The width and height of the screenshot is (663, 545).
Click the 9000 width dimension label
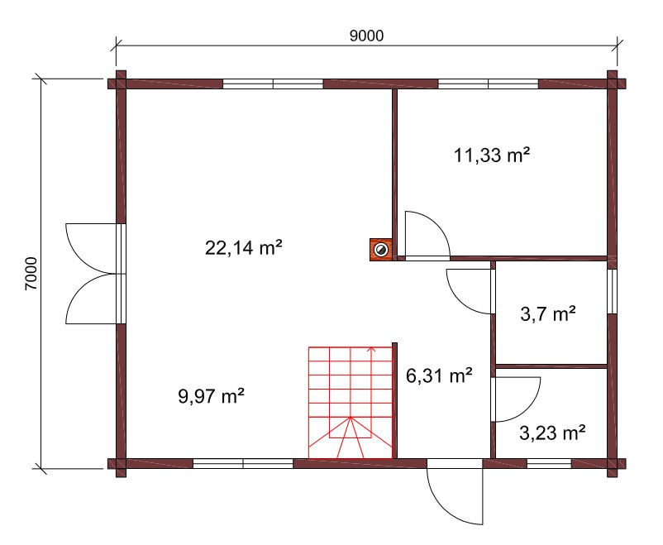(x=366, y=36)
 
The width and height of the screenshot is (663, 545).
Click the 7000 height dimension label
(x=31, y=274)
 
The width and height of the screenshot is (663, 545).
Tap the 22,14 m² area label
(x=244, y=247)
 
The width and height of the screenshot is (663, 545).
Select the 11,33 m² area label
(x=492, y=155)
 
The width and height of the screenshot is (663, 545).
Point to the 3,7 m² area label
(x=548, y=314)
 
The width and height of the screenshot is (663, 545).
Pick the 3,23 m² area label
(x=552, y=433)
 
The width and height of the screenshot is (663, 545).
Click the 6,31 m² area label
(x=439, y=375)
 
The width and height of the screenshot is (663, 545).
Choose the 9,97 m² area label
(x=211, y=396)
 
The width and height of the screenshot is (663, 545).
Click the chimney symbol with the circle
(x=381, y=250)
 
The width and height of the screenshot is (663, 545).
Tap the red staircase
(x=351, y=403)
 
